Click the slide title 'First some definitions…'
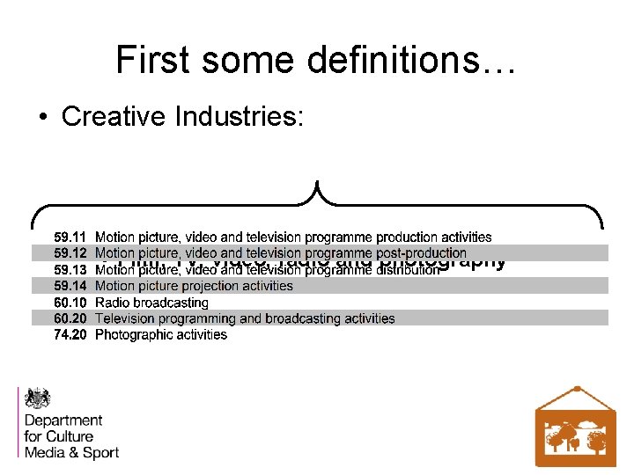pyautogui.click(x=316, y=60)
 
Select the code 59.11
pyautogui.click(x=70, y=237)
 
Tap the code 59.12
pyautogui.click(x=70, y=253)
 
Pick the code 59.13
pyautogui.click(x=70, y=270)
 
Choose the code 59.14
pyautogui.click(x=70, y=286)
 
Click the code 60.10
pyautogui.click(x=70, y=303)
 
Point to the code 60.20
pyautogui.click(x=70, y=318)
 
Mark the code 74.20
pyautogui.click(x=70, y=335)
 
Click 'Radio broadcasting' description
pyautogui.click(x=151, y=303)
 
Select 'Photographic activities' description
pyautogui.click(x=160, y=335)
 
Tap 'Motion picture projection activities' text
pyautogui.click(x=194, y=286)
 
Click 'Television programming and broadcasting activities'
pyautogui.click(x=245, y=318)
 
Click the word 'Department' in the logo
pyautogui.click(x=63, y=420)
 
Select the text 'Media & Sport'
pyautogui.click(x=71, y=452)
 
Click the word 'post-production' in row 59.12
pyautogui.click(x=419, y=253)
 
